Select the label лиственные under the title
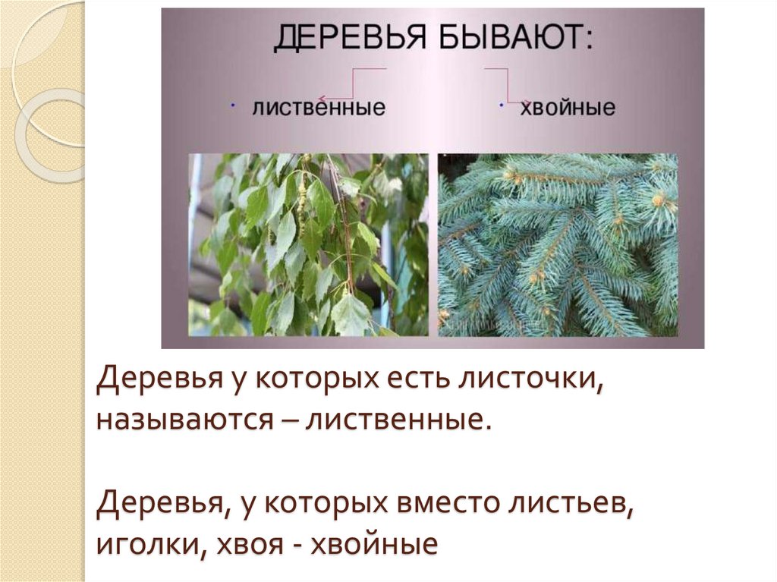tap(319, 108)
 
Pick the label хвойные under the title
tap(568, 108)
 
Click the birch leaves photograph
tap(309, 244)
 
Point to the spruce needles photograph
tap(558, 244)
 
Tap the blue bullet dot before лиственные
tap(231, 103)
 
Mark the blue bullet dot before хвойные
tap(502, 105)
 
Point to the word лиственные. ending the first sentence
tap(395, 419)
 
